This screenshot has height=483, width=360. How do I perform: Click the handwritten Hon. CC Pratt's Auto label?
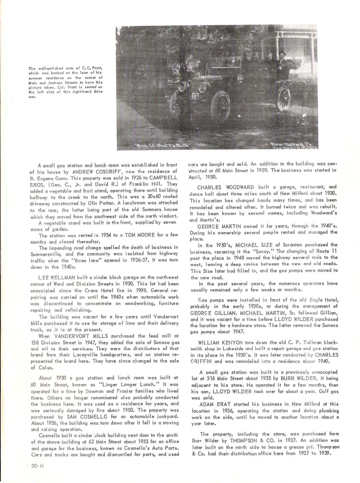coord(161,145)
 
